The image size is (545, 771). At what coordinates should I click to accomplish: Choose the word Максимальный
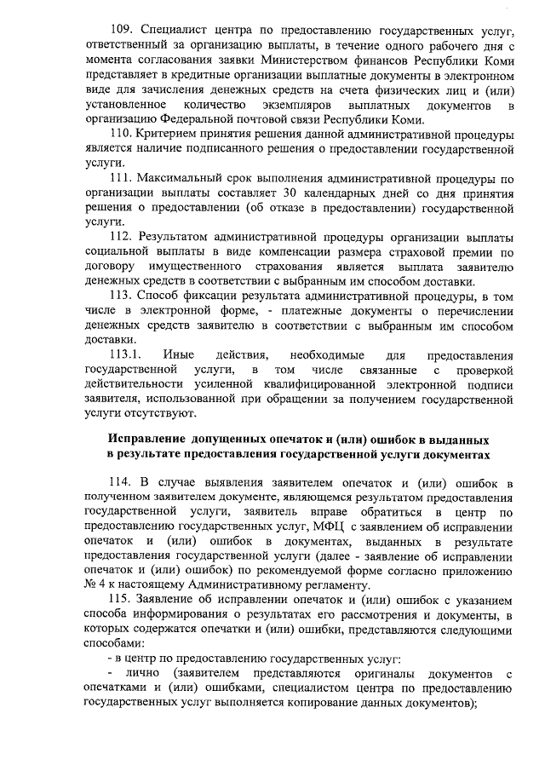pyautogui.click(x=181, y=180)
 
